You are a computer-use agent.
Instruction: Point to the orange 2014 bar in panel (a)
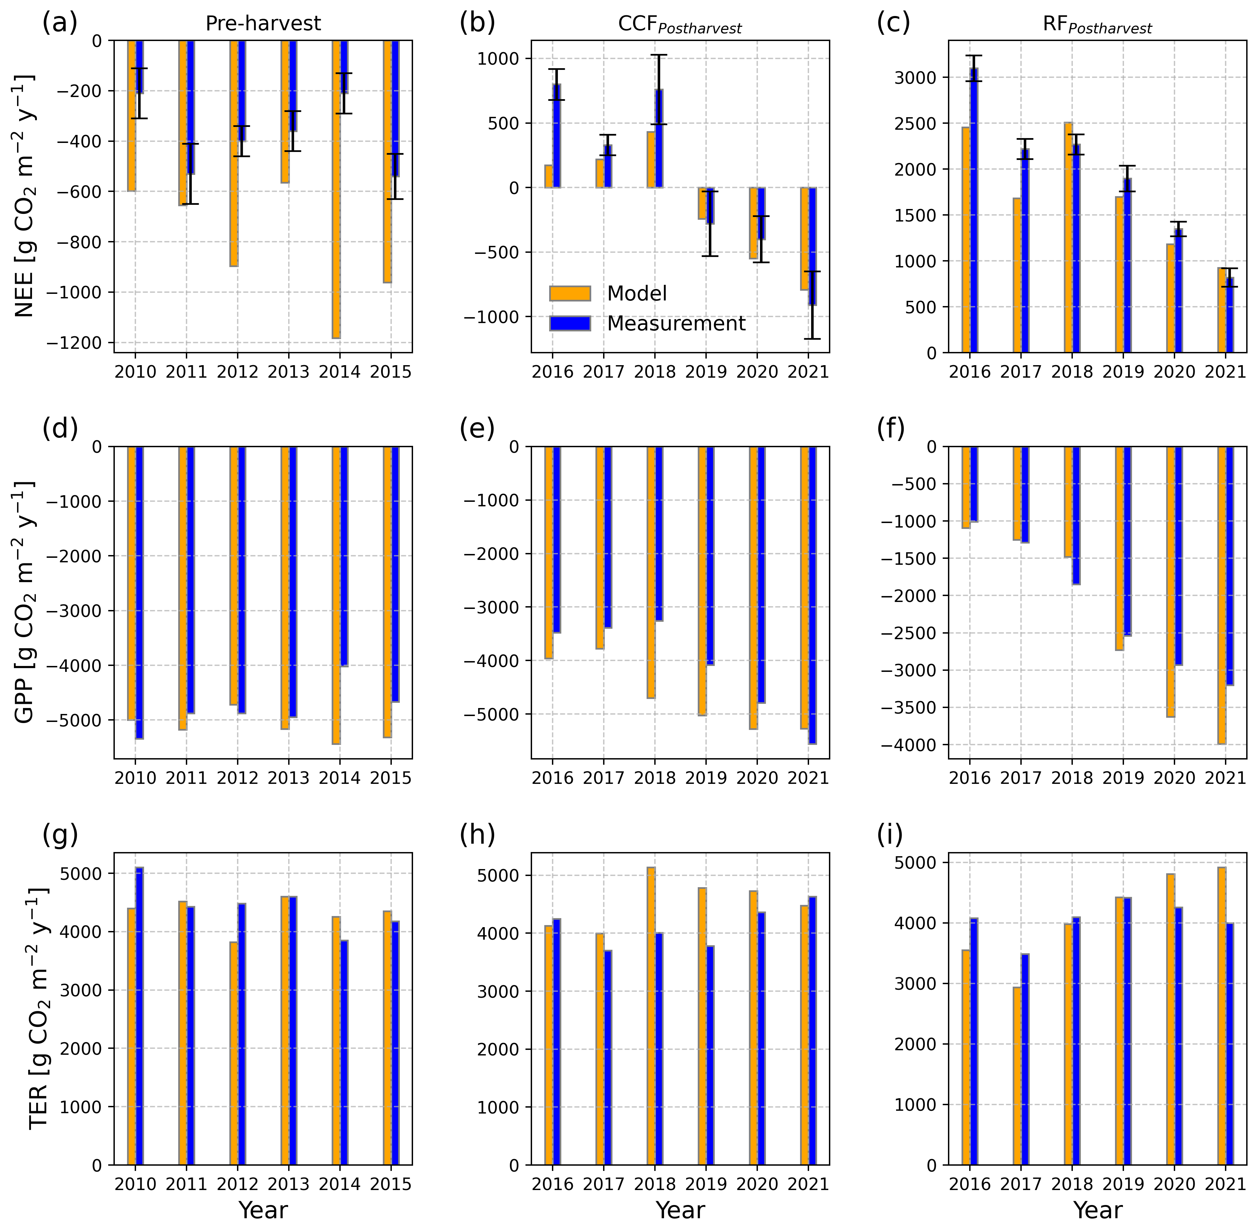[337, 189]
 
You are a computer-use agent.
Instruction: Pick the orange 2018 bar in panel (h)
[651, 1016]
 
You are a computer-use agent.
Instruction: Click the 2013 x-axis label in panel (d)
[289, 778]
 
